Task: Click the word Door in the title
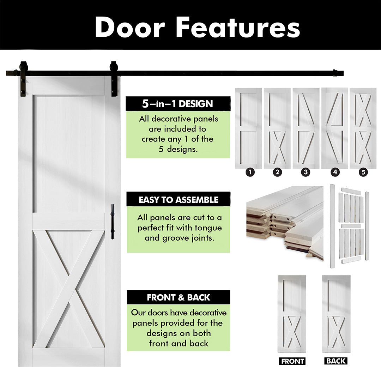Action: (130, 27)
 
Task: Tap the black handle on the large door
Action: (112, 221)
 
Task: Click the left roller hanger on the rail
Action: (23, 79)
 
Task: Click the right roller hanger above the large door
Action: (114, 79)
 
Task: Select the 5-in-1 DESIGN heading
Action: (178, 104)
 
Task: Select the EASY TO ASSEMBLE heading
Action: (179, 199)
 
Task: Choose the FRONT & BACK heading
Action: (179, 297)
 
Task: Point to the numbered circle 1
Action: (250, 172)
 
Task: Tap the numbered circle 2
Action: (277, 172)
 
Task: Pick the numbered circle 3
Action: (306, 172)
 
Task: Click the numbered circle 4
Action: (335, 172)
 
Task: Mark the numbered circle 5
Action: (363, 172)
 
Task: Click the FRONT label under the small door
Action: (292, 361)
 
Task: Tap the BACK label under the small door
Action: (336, 361)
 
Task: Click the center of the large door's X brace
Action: (69, 289)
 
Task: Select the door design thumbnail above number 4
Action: (335, 128)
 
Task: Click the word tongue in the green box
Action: (208, 228)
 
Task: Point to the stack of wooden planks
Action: (285, 223)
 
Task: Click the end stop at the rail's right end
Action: (335, 73)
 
